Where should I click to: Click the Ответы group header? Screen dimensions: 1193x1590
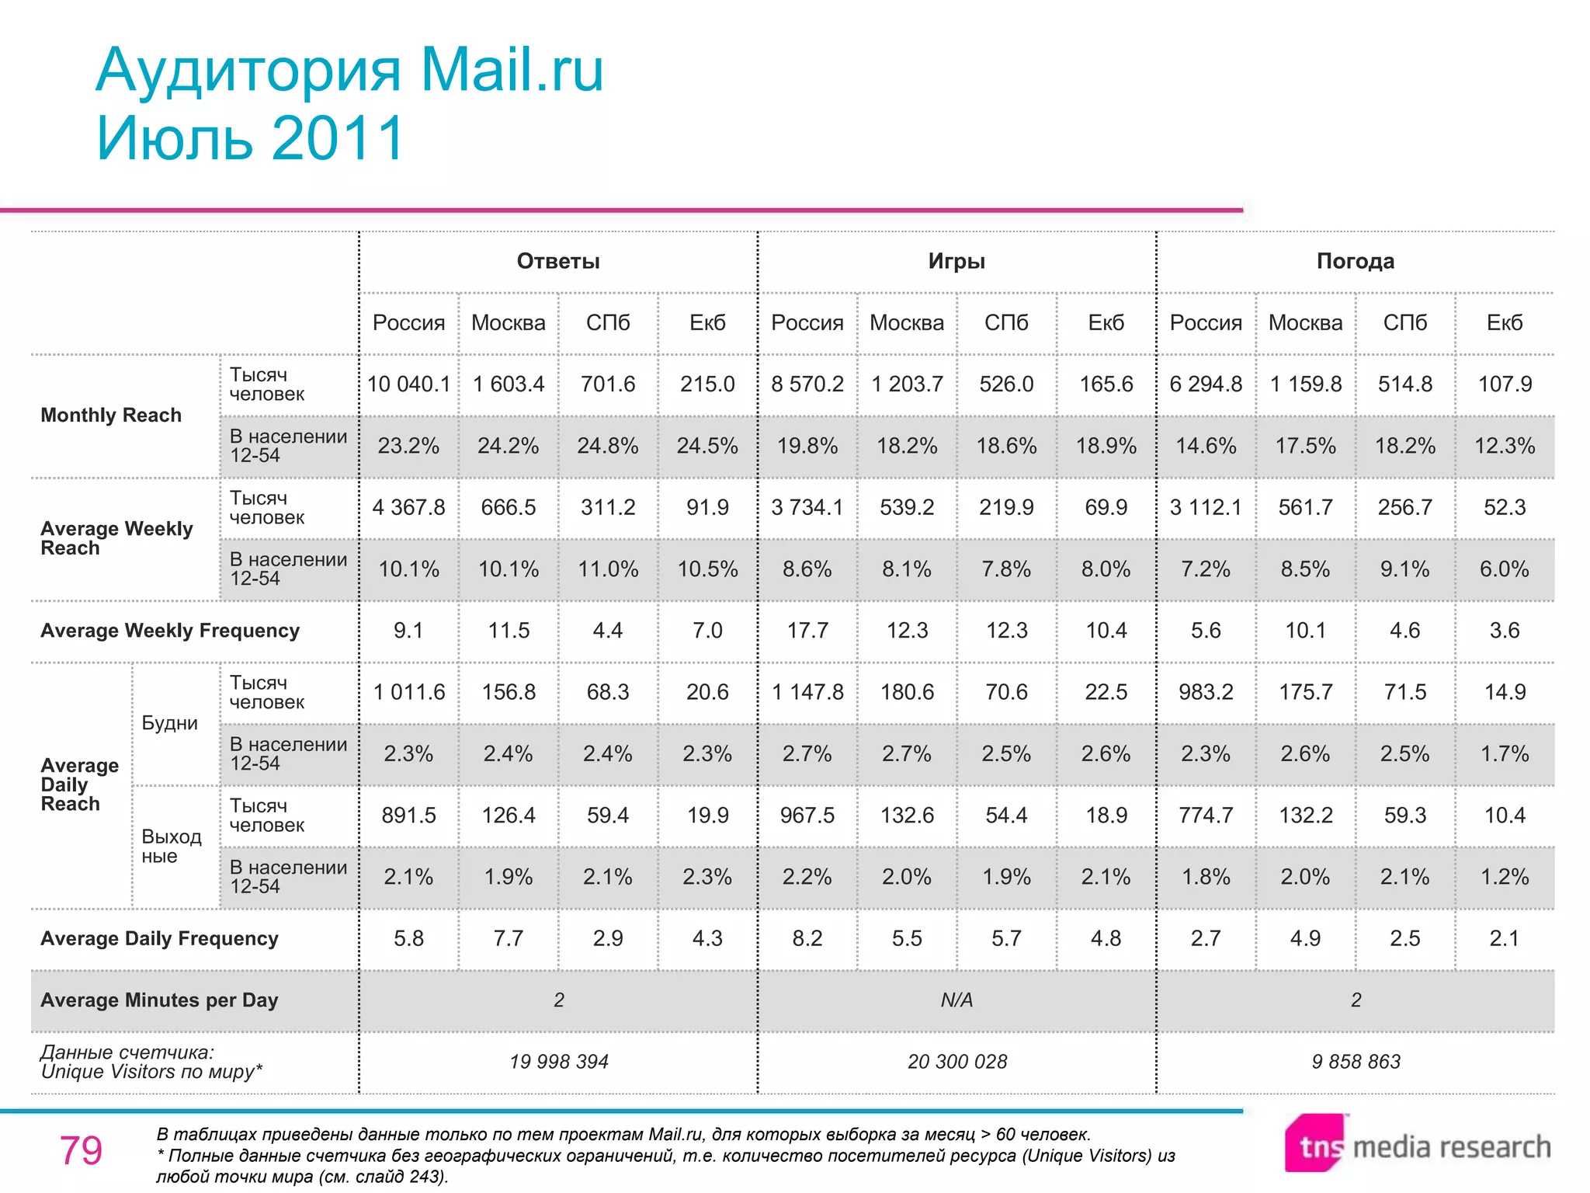coord(558,262)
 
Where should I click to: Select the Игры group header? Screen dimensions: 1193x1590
coord(956,262)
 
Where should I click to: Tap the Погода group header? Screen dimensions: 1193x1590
coord(1355,262)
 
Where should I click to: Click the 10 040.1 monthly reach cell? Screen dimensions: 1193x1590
coord(408,384)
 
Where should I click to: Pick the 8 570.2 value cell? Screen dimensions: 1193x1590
coord(807,384)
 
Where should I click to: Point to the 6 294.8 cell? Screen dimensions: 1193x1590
coord(1206,384)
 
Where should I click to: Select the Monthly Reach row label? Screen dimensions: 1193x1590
coord(111,416)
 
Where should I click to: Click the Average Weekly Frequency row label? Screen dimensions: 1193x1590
coord(170,631)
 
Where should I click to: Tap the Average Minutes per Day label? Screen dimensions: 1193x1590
coord(159,1000)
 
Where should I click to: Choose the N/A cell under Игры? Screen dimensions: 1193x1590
coord(956,1000)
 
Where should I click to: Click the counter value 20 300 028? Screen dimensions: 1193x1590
coord(957,1062)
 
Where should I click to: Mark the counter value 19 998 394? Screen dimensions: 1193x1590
coord(559,1062)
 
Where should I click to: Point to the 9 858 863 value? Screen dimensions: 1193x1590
coord(1356,1062)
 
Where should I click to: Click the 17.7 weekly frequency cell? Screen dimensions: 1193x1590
coord(807,631)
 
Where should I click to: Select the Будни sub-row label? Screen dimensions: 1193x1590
coord(169,723)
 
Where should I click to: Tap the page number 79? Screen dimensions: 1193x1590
coord(81,1150)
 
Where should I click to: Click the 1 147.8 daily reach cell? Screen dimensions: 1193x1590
coord(807,692)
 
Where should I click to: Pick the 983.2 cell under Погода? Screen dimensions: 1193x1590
coord(1206,692)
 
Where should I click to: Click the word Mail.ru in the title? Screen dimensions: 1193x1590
coord(512,71)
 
